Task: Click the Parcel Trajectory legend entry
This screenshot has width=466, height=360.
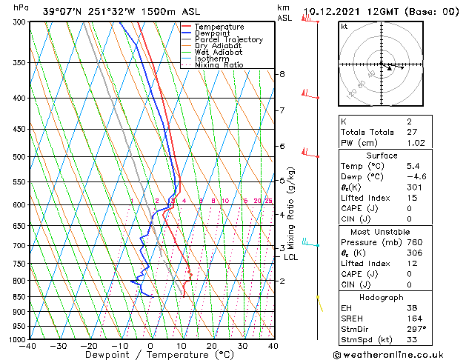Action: point(228,40)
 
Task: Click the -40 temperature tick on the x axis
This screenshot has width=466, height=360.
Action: point(28,346)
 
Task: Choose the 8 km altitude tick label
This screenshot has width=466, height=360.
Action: point(282,74)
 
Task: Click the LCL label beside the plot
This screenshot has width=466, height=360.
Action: point(291,257)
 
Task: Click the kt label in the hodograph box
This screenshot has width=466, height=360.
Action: point(344,27)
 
